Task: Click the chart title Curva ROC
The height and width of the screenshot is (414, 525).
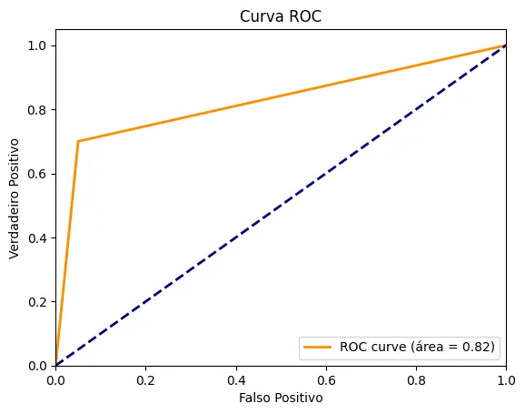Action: click(x=281, y=16)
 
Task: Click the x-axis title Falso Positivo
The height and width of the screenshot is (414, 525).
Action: click(x=281, y=398)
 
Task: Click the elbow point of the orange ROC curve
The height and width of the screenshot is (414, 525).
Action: click(x=78, y=141)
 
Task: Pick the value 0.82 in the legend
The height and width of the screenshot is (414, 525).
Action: click(x=475, y=347)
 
